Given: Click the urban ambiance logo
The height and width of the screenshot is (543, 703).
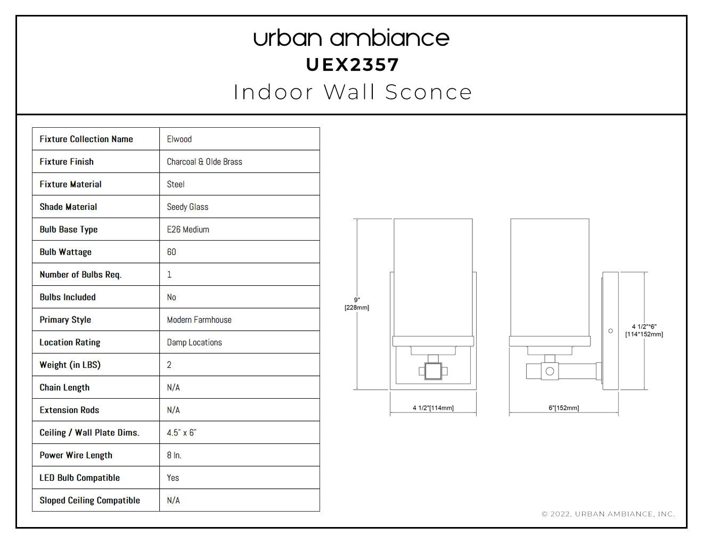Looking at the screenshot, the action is tap(351, 38).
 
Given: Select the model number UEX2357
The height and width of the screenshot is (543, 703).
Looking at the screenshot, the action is tap(353, 65).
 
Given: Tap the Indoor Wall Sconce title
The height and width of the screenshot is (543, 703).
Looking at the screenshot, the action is tap(353, 92).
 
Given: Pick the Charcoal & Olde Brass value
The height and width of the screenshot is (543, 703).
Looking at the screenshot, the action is tap(205, 162).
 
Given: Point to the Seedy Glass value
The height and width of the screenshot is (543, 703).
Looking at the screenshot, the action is tap(187, 207).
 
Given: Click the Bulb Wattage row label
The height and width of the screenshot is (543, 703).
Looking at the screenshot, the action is tap(66, 252).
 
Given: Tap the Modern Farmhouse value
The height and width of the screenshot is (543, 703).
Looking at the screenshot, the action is tap(199, 320).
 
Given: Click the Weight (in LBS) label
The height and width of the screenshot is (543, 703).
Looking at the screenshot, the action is tap(70, 365).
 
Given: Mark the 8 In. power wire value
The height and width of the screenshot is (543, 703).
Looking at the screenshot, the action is tap(174, 455).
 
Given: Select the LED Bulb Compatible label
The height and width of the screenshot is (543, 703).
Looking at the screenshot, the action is tap(79, 478).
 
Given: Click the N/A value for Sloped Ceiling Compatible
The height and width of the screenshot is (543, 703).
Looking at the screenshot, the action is tap(174, 500).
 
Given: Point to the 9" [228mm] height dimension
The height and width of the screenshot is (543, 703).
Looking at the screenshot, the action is tap(357, 303).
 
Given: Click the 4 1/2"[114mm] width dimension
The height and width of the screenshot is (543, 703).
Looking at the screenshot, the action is tap(433, 408).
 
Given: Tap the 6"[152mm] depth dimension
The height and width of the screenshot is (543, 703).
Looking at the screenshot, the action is tap(564, 408).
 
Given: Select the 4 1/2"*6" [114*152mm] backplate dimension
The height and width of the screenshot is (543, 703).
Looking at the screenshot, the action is tap(644, 331).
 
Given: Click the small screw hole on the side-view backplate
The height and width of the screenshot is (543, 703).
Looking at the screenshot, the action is tap(610, 331).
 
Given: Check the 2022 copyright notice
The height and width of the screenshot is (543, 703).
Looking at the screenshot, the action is tap(608, 514).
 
